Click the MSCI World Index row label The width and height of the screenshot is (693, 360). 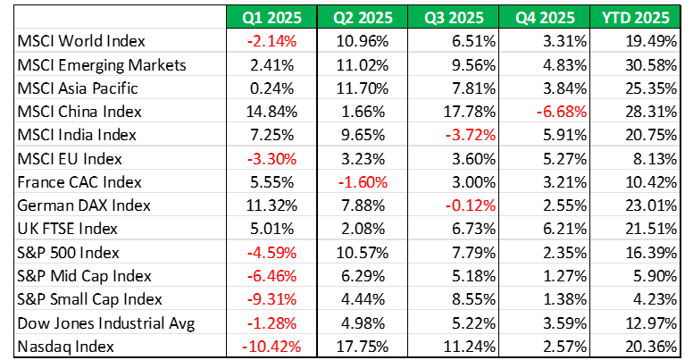81,41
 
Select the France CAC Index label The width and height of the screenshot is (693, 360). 77,181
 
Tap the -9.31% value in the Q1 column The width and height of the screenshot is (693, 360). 275,297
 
